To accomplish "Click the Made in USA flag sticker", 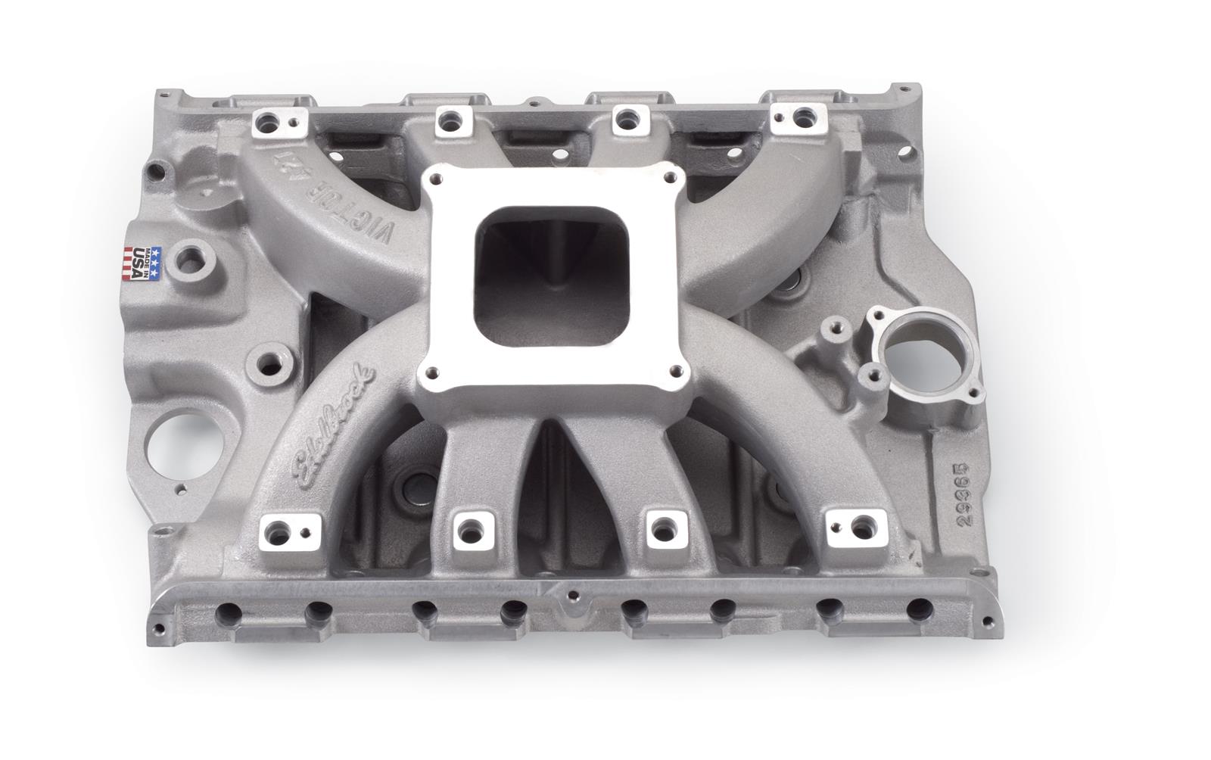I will click(x=142, y=263).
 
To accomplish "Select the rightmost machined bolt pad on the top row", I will click(x=797, y=116).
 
